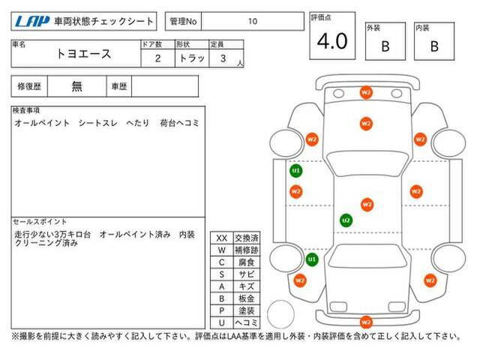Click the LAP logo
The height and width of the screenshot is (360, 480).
pyautogui.click(x=32, y=22)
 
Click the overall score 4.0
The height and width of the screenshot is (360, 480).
pyautogui.click(x=332, y=41)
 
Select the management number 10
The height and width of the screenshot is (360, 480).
pyautogui.click(x=253, y=22)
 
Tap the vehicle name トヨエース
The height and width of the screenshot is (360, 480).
pyautogui.click(x=83, y=54)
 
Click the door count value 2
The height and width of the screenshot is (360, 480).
pyautogui.click(x=158, y=58)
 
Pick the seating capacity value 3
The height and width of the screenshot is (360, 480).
pyautogui.click(x=223, y=58)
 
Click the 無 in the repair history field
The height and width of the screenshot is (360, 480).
pyautogui.click(x=76, y=86)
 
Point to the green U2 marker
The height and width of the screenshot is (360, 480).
pyautogui.click(x=346, y=220)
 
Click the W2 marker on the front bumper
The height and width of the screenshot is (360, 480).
pyautogui.click(x=366, y=92)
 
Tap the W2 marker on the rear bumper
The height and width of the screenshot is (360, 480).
pyautogui.click(x=366, y=322)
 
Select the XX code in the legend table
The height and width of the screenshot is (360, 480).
pyautogui.click(x=222, y=238)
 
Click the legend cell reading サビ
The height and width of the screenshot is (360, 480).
pyautogui.click(x=247, y=274)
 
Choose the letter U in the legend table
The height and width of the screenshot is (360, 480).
pyautogui.click(x=222, y=322)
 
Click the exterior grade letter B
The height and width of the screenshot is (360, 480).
pyautogui.click(x=385, y=46)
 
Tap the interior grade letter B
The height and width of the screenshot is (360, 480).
pyautogui.click(x=434, y=46)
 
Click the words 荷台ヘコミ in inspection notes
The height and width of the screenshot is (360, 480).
pyautogui.click(x=180, y=123)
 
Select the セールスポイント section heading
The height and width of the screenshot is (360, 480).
pyautogui.click(x=40, y=222)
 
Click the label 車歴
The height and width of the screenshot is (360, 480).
pyautogui.click(x=119, y=87)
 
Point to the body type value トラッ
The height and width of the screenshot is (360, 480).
pyautogui.click(x=192, y=58)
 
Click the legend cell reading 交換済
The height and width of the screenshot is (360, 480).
pyautogui.click(x=247, y=238)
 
